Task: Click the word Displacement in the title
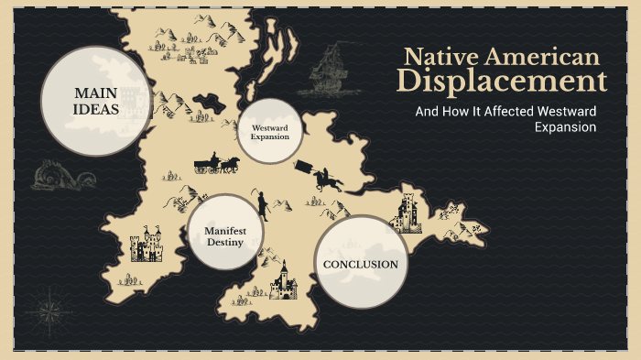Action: pos(502,82)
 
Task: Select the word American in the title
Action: pos(544,56)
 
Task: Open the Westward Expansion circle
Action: pos(269,131)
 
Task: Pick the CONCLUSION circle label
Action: pos(361,264)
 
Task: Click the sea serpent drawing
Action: pos(56,174)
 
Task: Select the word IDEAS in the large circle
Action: pos(96,110)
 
